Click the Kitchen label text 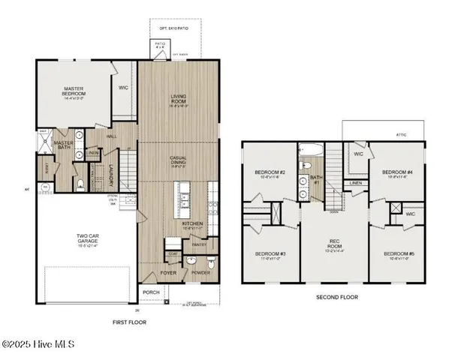pos(193,223)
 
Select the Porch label pos(150,292)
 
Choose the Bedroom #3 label pos(267,254)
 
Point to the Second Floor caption pos(337,297)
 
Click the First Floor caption pos(130,322)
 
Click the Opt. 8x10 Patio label pos(173,27)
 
